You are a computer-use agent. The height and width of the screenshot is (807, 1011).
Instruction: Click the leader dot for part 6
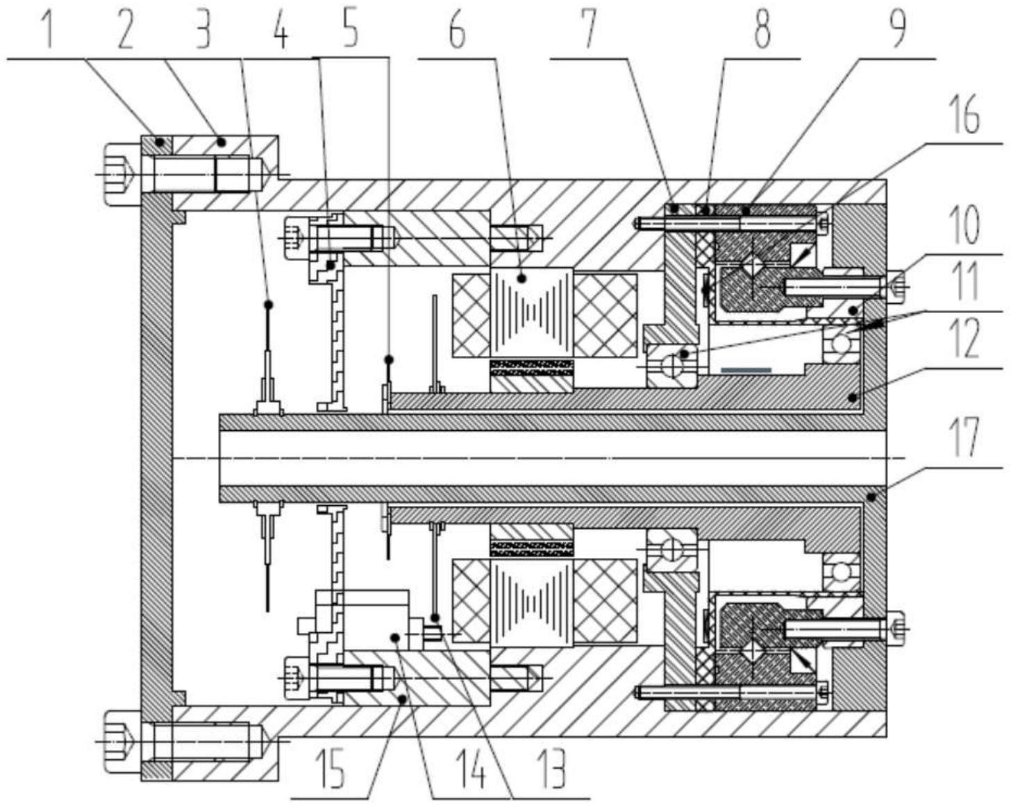(x=521, y=279)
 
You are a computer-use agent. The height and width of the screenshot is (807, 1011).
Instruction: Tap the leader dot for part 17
(x=872, y=497)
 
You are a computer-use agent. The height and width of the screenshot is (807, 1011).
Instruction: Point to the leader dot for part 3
(x=269, y=305)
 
